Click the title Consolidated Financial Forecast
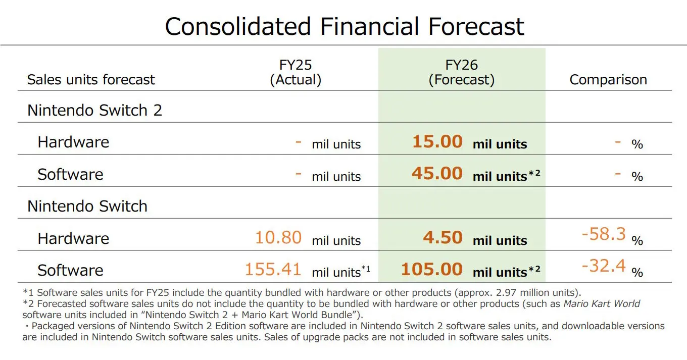[345, 26]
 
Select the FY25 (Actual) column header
[296, 72]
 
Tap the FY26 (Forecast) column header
[462, 72]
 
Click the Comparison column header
[608, 80]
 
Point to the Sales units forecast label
[91, 80]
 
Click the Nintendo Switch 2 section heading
[94, 110]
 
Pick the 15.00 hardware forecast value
[437, 142]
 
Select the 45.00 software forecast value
[437, 174]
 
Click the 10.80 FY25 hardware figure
[278, 238]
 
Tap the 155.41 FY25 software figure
[273, 270]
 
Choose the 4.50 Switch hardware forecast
[443, 238]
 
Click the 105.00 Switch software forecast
[432, 270]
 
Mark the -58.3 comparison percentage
[604, 234]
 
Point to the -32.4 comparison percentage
[604, 266]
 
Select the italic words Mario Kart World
[602, 303]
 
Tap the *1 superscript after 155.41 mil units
[366, 269]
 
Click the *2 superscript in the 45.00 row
[534, 173]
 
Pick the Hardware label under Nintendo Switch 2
[73, 142]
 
